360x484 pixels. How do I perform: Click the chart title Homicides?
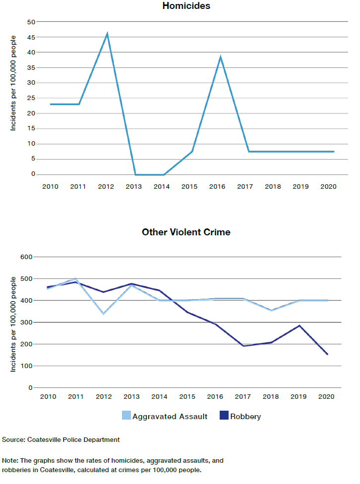tap(186, 6)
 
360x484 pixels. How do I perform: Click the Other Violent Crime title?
tap(186, 232)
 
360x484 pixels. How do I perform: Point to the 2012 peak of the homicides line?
tap(107, 34)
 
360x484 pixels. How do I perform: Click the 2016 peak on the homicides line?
tap(220, 57)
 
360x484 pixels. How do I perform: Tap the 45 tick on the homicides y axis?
tap(31, 37)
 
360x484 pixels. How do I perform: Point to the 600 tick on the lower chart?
tap(26, 257)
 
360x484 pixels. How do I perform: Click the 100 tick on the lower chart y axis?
tap(26, 366)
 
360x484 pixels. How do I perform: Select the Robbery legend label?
tap(246, 417)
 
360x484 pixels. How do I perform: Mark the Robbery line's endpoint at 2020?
tap(327, 354)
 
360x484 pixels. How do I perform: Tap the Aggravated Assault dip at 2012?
tap(103, 314)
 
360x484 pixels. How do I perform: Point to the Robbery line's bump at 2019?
tap(300, 326)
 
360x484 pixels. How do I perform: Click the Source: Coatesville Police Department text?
tap(61, 439)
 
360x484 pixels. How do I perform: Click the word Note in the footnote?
tap(10, 460)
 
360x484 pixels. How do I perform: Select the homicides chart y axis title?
tap(13, 83)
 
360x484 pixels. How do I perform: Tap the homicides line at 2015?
tap(192, 152)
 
